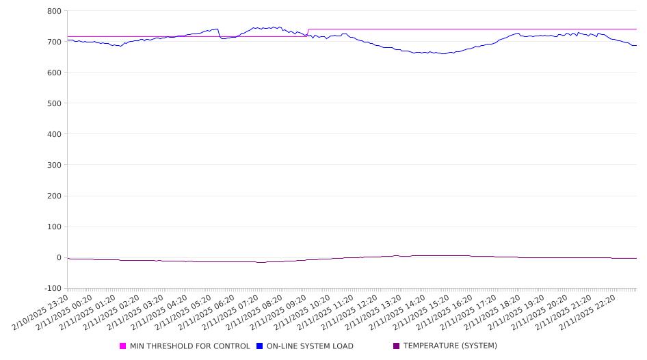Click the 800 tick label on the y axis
[54, 11]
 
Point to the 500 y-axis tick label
[54, 103]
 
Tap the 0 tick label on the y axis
[59, 257]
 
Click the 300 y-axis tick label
[54, 165]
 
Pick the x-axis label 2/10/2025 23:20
[40, 313]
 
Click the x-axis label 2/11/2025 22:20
[587, 313]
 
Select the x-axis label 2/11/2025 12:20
[349, 313]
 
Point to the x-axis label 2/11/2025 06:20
[207, 313]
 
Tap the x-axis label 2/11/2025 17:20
[468, 313]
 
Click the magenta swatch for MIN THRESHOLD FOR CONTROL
[122, 346]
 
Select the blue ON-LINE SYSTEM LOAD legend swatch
[259, 346]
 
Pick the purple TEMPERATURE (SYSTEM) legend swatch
[397, 346]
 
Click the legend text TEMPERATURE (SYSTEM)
[450, 346]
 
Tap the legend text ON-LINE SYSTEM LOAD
[310, 346]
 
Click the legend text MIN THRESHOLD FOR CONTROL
[190, 346]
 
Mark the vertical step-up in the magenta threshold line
[308, 33]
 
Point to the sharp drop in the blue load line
[219, 34]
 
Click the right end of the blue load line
[636, 45]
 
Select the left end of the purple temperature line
[68, 258]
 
